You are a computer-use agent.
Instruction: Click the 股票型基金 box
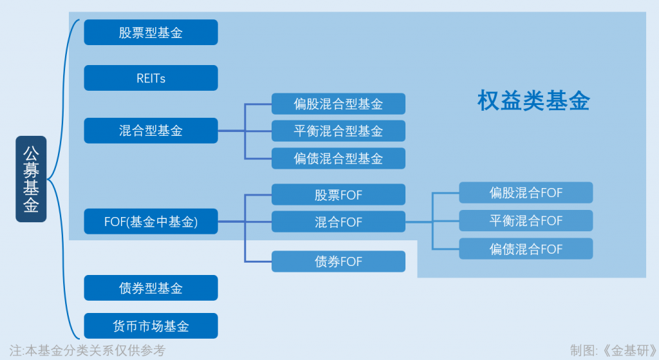[x=151, y=32]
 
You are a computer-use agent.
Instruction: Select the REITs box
[x=151, y=78]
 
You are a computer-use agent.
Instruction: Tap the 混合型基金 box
[x=151, y=130]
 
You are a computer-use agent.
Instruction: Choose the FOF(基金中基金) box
[x=151, y=221]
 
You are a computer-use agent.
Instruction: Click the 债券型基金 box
[x=151, y=288]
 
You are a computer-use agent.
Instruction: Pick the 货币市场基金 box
[x=151, y=325]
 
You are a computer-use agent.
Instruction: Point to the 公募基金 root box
[x=31, y=179]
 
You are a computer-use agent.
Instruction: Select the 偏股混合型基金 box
[x=339, y=104]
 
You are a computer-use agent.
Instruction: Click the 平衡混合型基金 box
[x=339, y=131]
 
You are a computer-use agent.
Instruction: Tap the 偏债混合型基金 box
[x=339, y=158]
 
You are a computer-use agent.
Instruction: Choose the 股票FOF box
[x=339, y=194]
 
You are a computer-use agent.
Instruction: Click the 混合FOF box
[x=339, y=222]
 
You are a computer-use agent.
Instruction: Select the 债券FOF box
[x=339, y=261]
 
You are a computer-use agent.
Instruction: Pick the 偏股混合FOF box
[x=526, y=193]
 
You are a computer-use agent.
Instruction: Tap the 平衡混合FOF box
[x=526, y=220]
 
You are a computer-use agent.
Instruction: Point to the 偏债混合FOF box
[x=526, y=249]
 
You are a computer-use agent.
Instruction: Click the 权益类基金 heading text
[x=534, y=100]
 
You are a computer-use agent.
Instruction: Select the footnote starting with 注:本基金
[x=88, y=350]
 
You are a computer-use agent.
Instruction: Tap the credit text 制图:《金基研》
[x=613, y=350]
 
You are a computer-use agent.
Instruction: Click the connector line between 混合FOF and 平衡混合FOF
[x=432, y=221]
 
